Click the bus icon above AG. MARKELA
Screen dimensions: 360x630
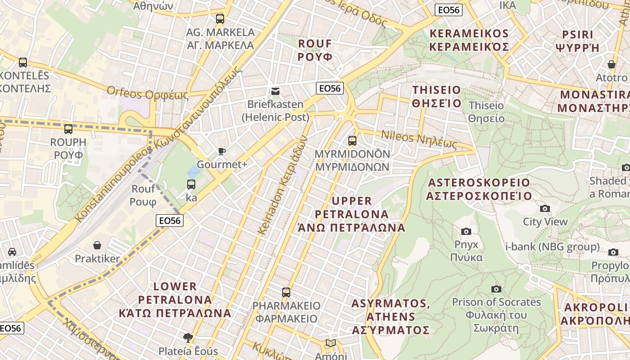(220, 19)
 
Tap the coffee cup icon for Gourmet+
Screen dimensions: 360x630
(221, 151)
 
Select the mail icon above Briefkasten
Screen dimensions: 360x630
(275, 91)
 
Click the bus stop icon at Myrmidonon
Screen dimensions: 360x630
(352, 141)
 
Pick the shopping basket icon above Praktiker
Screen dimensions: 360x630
(97, 245)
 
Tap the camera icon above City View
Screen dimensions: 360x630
(544, 208)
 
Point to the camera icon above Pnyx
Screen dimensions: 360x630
(466, 231)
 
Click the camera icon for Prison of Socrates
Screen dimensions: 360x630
(496, 289)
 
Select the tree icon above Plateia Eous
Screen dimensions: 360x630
(188, 337)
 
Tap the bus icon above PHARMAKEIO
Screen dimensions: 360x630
(286, 292)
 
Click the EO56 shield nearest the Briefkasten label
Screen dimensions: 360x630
(330, 88)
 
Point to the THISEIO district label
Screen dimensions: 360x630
(437, 96)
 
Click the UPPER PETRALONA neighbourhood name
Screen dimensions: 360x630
(351, 214)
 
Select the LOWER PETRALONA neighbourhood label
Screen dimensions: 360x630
(175, 299)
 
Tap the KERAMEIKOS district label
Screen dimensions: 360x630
(469, 40)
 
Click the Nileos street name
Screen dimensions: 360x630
(419, 139)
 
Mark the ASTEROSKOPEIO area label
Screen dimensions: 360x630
(479, 189)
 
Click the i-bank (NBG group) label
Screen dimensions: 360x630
(552, 247)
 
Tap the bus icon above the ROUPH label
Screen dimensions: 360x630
(68, 129)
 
